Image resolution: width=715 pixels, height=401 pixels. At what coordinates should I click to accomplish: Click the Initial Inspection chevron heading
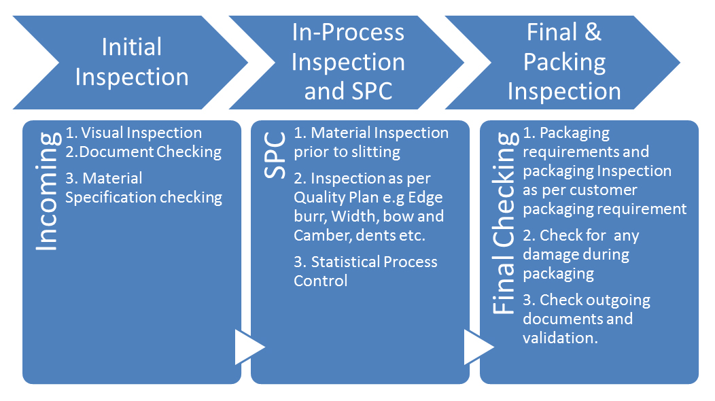coord(132,62)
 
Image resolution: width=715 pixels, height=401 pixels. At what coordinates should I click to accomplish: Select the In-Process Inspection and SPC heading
coord(348,62)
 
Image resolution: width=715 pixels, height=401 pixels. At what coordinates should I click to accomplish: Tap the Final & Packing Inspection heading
coord(564,62)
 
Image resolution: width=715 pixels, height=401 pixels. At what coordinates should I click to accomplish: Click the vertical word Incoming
coord(46,192)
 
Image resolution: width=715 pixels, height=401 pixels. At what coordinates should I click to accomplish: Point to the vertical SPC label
coord(275,156)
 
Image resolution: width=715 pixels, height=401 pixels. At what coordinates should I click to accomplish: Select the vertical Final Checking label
coord(504,224)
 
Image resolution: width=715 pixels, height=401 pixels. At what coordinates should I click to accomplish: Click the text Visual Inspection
coord(141,133)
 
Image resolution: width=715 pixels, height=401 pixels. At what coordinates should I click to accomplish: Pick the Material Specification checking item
coord(144,188)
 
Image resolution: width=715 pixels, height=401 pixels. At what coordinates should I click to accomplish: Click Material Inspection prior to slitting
coord(371,142)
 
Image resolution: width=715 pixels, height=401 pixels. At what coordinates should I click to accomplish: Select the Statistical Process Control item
coord(366,271)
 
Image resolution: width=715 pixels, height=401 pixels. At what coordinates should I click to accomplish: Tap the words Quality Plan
coord(334,198)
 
